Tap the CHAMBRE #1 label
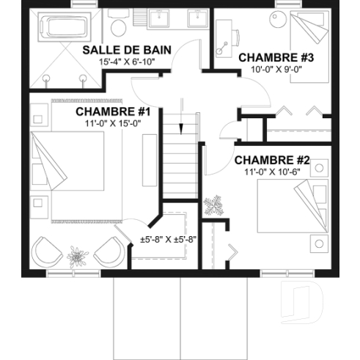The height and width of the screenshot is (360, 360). pos(113,112)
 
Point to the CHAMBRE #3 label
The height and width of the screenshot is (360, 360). pos(266,57)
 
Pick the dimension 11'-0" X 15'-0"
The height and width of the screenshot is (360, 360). pos(112,124)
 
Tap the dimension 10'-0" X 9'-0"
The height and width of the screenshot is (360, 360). pos(266,70)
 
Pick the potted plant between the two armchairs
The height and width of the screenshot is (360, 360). pos(76,257)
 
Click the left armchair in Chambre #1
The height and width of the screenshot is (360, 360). pos(46,254)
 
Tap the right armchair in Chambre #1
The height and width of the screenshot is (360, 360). pos(106,253)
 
